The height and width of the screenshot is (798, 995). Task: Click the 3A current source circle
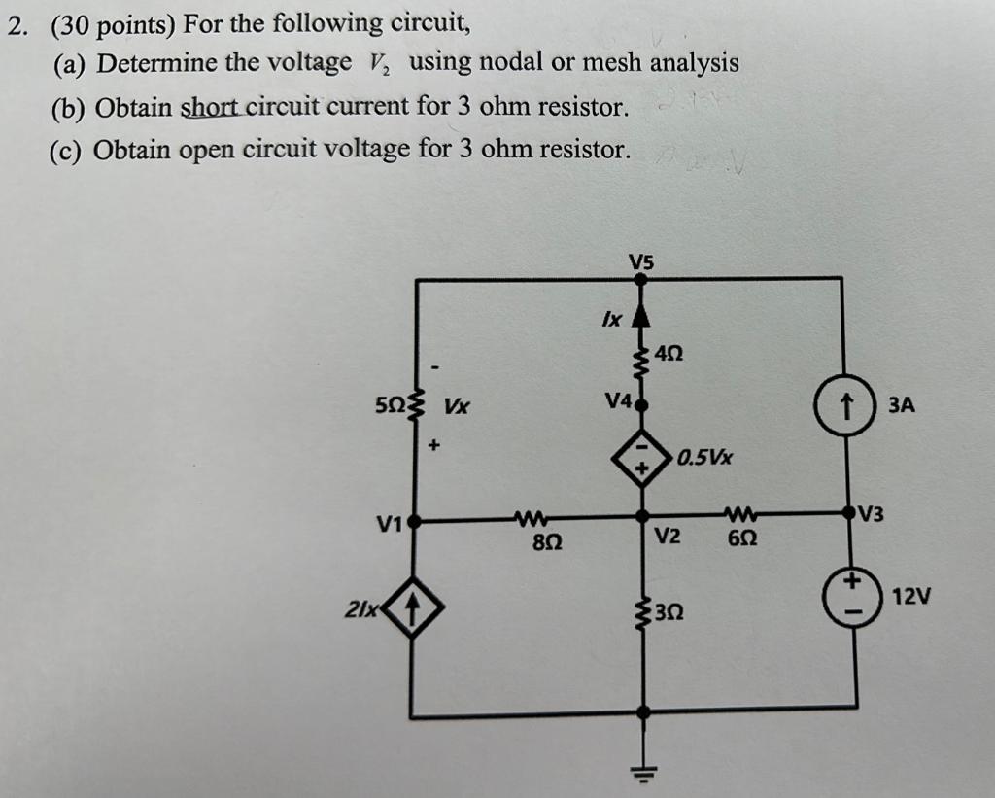coord(843,402)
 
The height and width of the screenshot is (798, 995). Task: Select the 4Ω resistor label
coord(669,356)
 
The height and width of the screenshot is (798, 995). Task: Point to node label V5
coord(641,260)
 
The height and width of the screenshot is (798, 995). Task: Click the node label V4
coord(618,400)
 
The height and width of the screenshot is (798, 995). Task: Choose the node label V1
coord(389,526)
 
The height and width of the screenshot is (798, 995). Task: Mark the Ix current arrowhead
coord(640,317)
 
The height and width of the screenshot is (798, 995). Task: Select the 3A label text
coord(900,403)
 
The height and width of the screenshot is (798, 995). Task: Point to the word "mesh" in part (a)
coord(614,63)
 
